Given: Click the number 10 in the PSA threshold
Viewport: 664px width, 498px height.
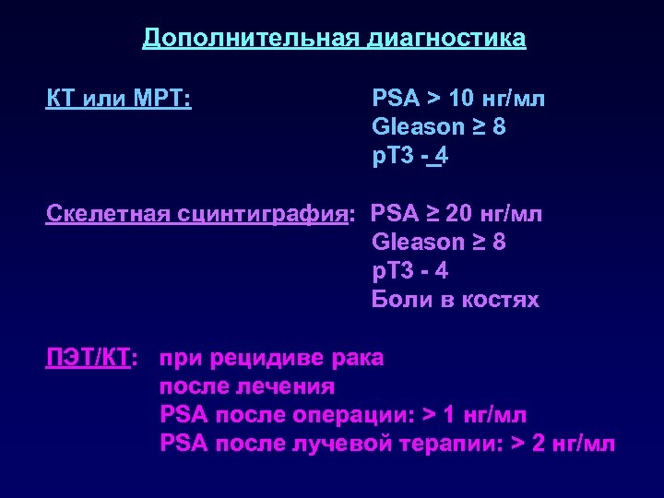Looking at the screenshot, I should [x=463, y=98].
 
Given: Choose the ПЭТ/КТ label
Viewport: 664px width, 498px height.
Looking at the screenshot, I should [x=90, y=358].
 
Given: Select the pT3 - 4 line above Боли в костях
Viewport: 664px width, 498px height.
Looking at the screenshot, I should [x=409, y=271].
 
